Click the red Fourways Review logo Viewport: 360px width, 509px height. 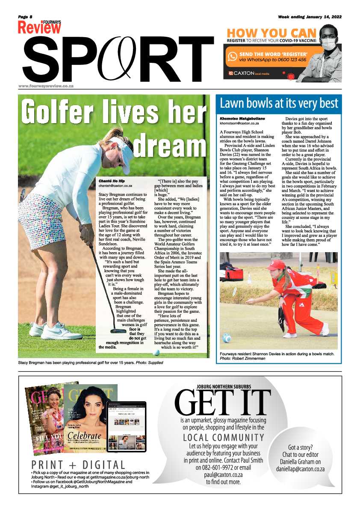[x=39, y=27]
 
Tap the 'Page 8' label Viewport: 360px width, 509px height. [x=25, y=17]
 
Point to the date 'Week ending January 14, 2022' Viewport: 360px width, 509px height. [x=310, y=17]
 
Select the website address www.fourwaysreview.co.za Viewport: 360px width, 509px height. [x=46, y=85]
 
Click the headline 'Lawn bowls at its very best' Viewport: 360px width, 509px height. [x=279, y=103]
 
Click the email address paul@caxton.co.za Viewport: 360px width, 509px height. [x=223, y=474]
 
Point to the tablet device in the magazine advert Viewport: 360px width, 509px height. [x=126, y=426]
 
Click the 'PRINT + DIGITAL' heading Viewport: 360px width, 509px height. [x=78, y=465]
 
